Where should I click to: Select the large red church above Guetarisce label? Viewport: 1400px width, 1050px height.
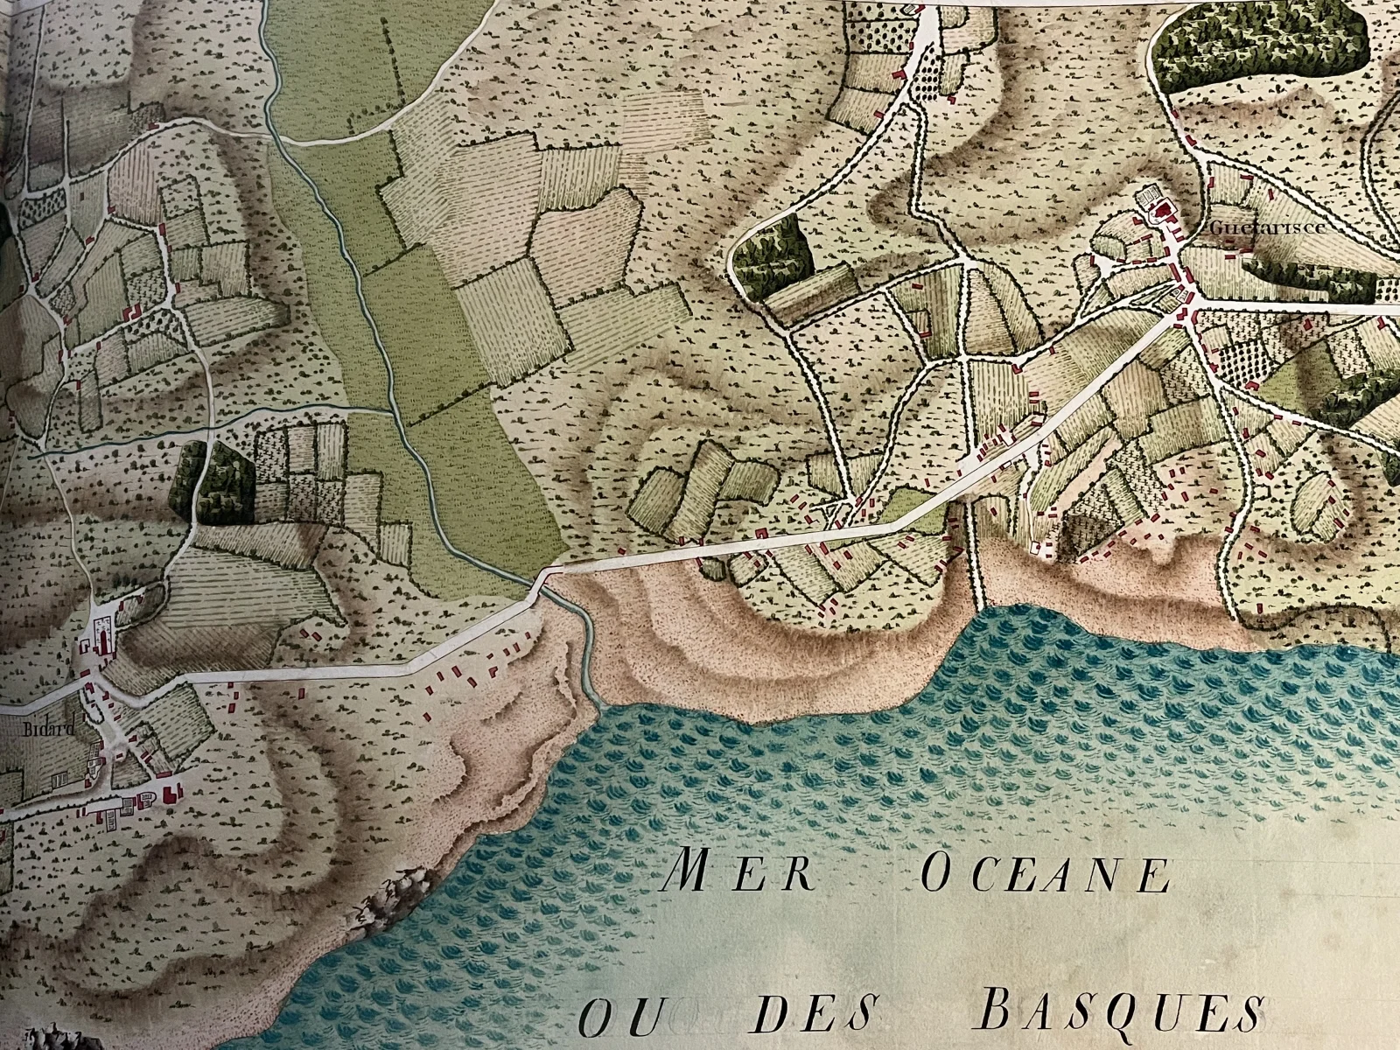pos(1164,210)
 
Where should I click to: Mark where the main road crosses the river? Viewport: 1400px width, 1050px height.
pos(539,581)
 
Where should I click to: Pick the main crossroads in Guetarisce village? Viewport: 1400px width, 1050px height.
pos(1183,302)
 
